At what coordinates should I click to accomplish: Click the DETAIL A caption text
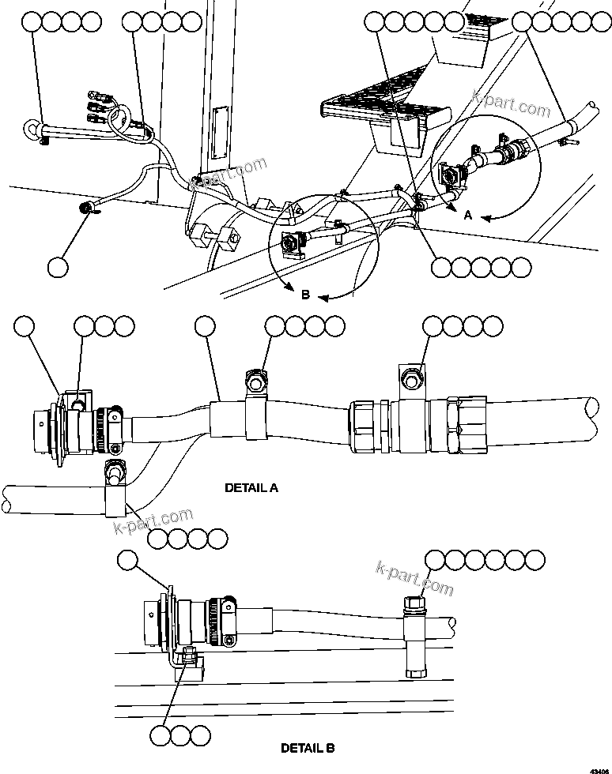pyautogui.click(x=251, y=488)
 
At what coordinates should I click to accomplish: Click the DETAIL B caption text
pyautogui.click(x=308, y=747)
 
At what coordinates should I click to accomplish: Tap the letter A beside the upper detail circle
pyautogui.click(x=468, y=216)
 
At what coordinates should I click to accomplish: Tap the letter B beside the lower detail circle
pyautogui.click(x=305, y=295)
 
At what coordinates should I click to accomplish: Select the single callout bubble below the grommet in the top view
pyautogui.click(x=58, y=267)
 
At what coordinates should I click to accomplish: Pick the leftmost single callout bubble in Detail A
pyautogui.click(x=25, y=325)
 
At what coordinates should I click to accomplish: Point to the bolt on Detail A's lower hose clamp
pyautogui.click(x=115, y=474)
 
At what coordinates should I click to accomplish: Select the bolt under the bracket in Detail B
pyautogui.click(x=188, y=655)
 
